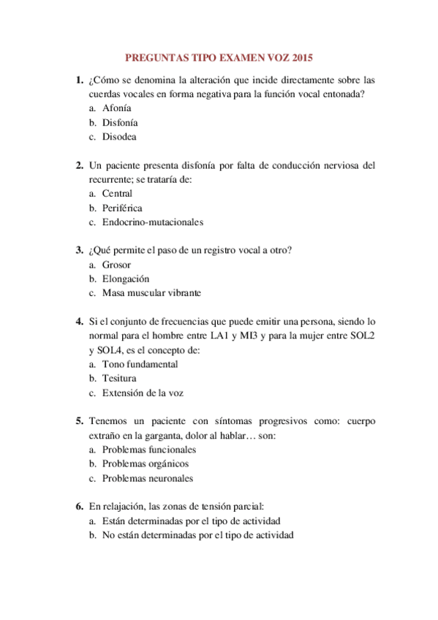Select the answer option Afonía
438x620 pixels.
[117, 108]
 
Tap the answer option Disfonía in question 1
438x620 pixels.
[120, 122]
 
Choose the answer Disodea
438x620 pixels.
[119, 136]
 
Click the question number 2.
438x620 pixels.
[79, 165]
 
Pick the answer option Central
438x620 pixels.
[118, 194]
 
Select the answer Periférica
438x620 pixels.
[122, 208]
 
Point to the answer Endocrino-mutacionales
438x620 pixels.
[153, 222]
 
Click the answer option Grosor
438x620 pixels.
[117, 265]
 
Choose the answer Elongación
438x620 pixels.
[126, 279]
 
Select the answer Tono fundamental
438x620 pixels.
[140, 364]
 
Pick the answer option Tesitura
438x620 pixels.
[119, 378]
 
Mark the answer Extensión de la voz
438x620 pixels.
[143, 393]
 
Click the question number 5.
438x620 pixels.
[79, 422]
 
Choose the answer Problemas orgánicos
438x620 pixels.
[146, 464]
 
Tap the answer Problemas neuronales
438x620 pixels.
[148, 478]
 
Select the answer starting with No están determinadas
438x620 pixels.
[197, 535]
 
